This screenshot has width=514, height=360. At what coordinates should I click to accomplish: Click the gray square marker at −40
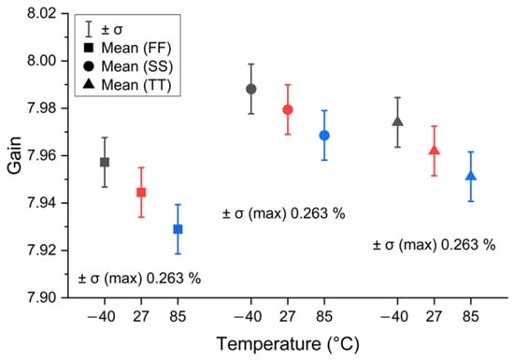click(105, 162)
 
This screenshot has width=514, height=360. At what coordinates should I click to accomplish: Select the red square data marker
click(141, 192)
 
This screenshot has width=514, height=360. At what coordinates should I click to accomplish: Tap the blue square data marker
click(178, 229)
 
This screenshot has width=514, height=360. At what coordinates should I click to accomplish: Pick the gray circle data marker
click(251, 89)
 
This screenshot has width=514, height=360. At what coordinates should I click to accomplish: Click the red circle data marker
click(288, 109)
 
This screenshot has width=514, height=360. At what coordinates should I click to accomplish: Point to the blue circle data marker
click(324, 135)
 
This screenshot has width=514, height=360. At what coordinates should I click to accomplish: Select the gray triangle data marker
click(397, 122)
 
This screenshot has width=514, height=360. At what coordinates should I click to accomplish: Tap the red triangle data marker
click(435, 151)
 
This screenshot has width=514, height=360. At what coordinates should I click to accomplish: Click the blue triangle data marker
click(471, 176)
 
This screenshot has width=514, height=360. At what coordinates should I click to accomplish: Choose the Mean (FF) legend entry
click(128, 49)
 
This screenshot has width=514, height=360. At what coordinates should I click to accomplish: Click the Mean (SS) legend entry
click(128, 66)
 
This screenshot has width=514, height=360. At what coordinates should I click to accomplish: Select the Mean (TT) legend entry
click(128, 85)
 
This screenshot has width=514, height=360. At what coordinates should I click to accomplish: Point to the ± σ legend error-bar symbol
click(89, 29)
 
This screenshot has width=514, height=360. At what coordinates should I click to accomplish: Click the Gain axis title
click(14, 155)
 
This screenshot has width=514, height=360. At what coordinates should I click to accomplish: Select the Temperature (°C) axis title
click(288, 344)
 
